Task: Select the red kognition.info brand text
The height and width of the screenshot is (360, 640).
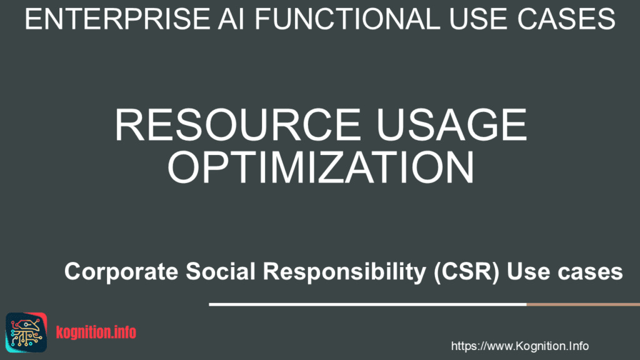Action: click(x=96, y=332)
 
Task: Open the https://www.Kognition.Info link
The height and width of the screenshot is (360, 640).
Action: click(x=519, y=346)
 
